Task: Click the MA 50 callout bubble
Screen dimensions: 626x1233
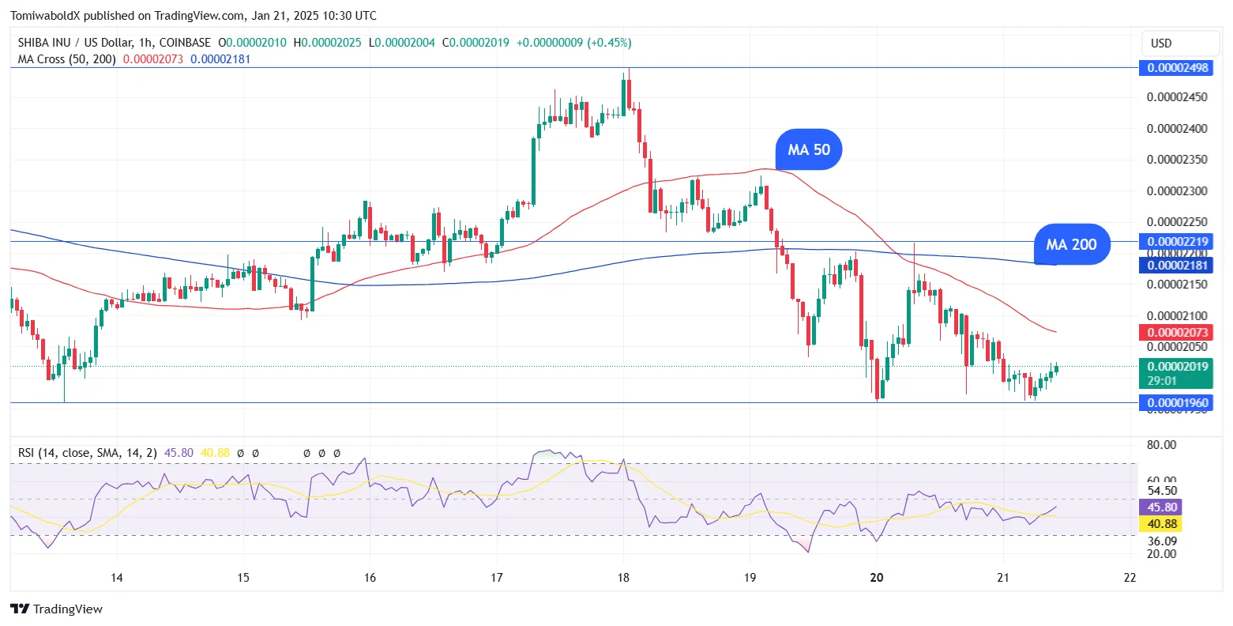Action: click(809, 149)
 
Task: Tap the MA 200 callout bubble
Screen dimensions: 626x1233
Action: click(1071, 244)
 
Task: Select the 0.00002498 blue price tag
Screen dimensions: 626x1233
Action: click(1177, 68)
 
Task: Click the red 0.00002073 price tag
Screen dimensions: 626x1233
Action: click(1177, 333)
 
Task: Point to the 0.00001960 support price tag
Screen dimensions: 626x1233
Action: click(1177, 403)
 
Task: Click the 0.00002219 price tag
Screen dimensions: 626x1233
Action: click(1177, 242)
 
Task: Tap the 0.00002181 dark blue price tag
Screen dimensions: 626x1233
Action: click(1177, 266)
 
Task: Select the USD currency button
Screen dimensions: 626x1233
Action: click(1161, 43)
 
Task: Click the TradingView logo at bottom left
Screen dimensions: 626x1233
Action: click(56, 609)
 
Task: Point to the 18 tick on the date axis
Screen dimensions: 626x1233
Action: click(623, 578)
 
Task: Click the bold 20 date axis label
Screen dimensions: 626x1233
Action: click(876, 578)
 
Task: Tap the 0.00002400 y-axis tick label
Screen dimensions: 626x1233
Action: click(1177, 129)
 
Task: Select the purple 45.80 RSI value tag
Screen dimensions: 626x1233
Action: click(1162, 507)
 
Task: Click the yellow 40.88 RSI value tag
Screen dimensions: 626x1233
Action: click(1162, 524)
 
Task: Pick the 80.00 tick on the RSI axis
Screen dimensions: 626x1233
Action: click(1161, 445)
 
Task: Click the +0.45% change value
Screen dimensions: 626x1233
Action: click(609, 43)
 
